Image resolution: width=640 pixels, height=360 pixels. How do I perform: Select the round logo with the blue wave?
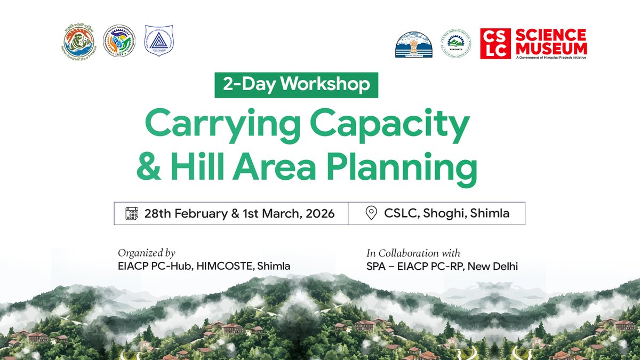(x=78, y=42)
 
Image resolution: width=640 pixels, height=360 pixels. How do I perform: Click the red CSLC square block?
(x=495, y=44)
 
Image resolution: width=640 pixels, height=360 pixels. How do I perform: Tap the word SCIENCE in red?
(x=550, y=36)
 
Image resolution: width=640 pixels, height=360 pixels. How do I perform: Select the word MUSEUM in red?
(x=550, y=49)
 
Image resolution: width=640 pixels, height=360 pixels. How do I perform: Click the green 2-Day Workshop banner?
(x=296, y=85)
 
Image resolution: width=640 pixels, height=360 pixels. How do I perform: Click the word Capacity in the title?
(x=390, y=126)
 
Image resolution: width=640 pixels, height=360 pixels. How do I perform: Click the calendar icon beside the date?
(x=132, y=213)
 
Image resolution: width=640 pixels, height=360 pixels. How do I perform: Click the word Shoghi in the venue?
(x=443, y=214)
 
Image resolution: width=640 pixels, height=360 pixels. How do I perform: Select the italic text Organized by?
(x=147, y=253)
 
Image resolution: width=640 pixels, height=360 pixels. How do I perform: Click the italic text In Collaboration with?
(x=413, y=253)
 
